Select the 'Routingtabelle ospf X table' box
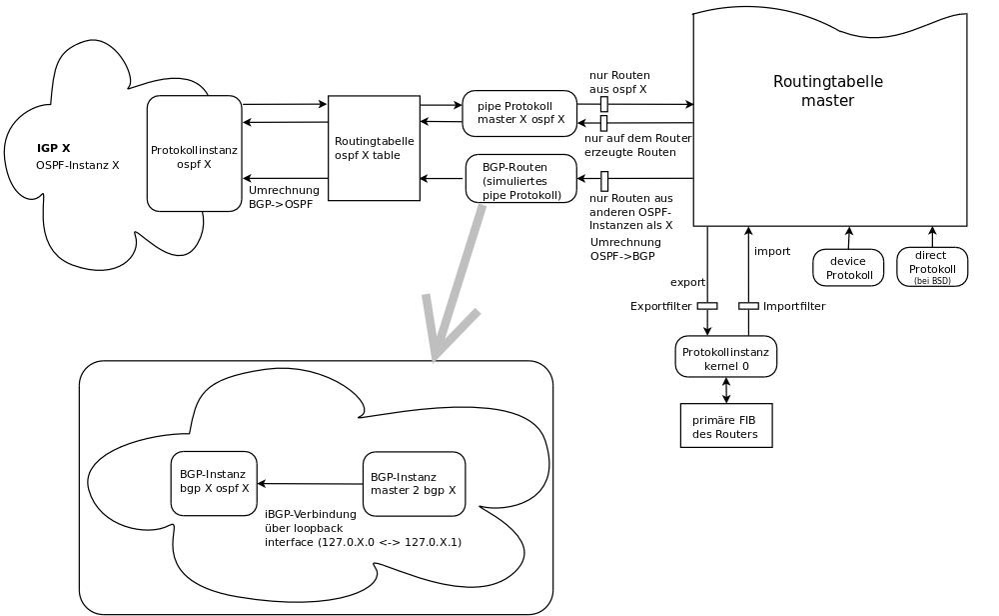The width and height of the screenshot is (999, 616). pyautogui.click(x=374, y=148)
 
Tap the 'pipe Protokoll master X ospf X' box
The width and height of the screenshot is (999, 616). pyautogui.click(x=519, y=113)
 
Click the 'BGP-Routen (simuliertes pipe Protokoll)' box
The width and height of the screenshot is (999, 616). pyautogui.click(x=521, y=178)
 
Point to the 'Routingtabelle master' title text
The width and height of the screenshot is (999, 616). pyautogui.click(x=828, y=91)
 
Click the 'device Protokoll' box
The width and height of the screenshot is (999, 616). pyautogui.click(x=849, y=267)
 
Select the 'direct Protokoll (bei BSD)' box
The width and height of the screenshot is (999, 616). pyautogui.click(x=932, y=267)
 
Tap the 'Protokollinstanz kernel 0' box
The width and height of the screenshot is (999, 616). pyautogui.click(x=725, y=356)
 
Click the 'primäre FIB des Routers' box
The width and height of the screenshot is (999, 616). pyautogui.click(x=725, y=425)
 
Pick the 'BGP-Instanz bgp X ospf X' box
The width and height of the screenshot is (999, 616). pyautogui.click(x=214, y=483)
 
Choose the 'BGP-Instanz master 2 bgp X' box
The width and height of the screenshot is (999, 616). pyautogui.click(x=414, y=484)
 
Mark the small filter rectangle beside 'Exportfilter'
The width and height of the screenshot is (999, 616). pyautogui.click(x=707, y=306)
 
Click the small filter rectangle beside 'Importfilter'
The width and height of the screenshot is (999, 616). pyautogui.click(x=748, y=306)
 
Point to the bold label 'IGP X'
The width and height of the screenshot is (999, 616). pyautogui.click(x=53, y=148)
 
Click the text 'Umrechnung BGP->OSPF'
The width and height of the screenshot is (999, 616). pyautogui.click(x=284, y=197)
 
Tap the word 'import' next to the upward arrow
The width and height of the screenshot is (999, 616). pyautogui.click(x=772, y=251)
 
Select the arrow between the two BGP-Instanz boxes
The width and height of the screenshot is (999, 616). pyautogui.click(x=310, y=484)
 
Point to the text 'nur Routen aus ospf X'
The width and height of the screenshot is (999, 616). pyautogui.click(x=619, y=82)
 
